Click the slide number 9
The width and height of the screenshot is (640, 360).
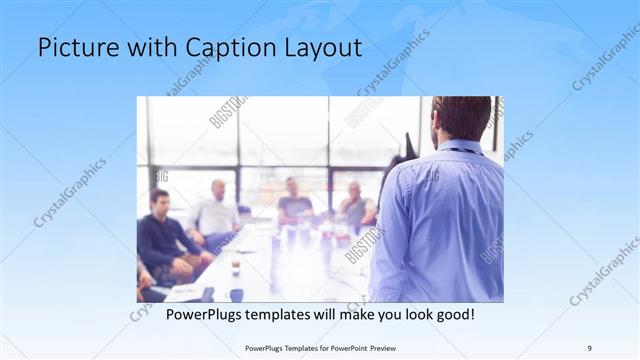click(589, 347)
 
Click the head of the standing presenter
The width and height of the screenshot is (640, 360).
click(461, 117)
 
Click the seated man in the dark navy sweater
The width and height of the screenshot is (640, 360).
click(162, 240)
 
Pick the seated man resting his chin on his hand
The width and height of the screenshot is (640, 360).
click(355, 205)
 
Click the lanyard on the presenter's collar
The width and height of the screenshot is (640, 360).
click(462, 151)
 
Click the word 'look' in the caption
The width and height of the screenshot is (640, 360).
click(400, 315)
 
